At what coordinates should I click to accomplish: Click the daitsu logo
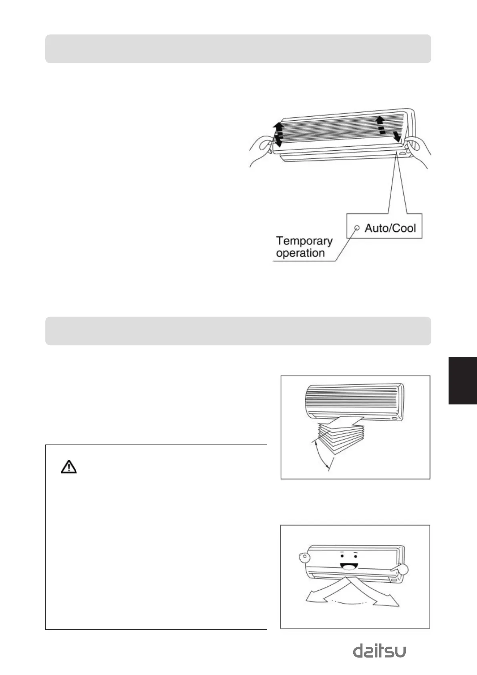(379, 651)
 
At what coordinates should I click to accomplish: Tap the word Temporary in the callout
(304, 240)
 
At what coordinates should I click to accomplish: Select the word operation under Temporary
(300, 253)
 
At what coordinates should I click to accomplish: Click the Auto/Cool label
(390, 228)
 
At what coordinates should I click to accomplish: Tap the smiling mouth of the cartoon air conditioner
(348, 566)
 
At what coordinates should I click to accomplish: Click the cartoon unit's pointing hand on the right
(401, 570)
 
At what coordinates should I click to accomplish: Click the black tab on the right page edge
(463, 380)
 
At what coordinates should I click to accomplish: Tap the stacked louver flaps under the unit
(340, 435)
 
